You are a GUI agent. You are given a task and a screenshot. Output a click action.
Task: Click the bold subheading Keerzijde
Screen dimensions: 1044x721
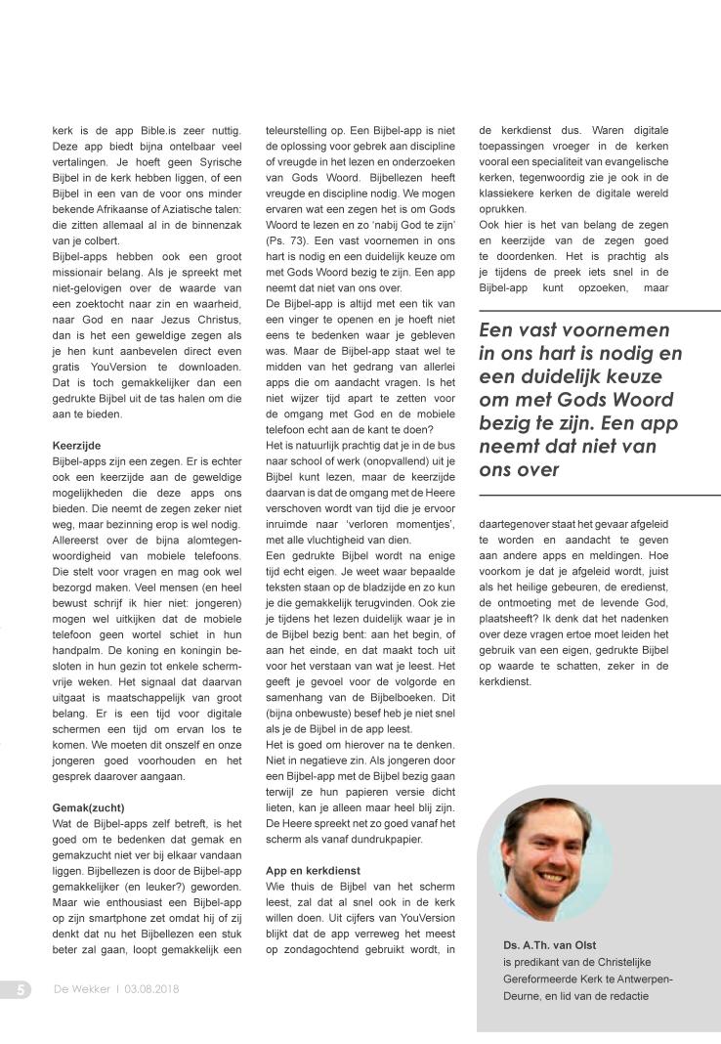coord(76,445)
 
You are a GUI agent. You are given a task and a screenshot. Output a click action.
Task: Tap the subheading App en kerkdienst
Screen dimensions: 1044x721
coord(314,869)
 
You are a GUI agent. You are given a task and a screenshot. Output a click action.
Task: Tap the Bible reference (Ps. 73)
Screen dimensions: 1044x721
coord(286,239)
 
